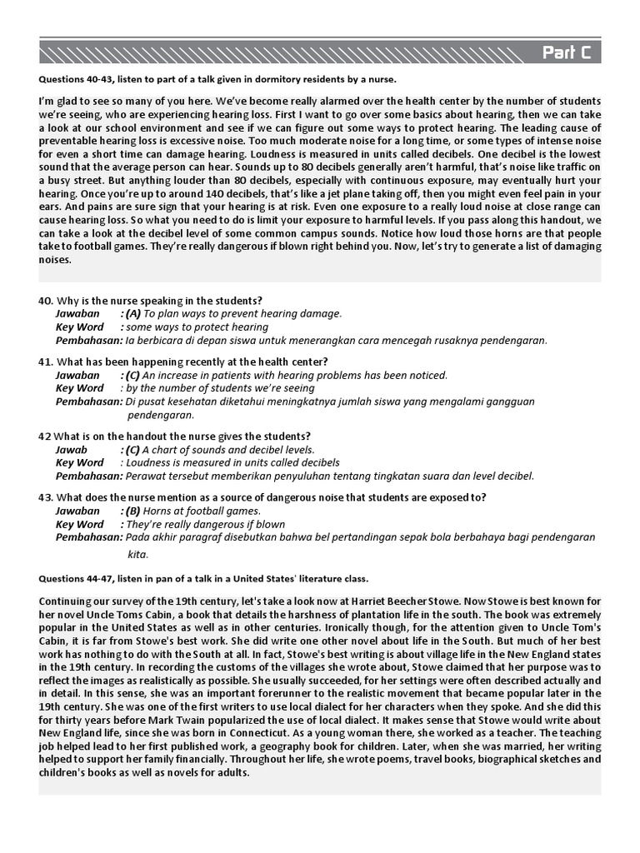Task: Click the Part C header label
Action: [x=567, y=53]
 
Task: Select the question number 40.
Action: [x=45, y=300]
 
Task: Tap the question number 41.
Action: [x=45, y=362]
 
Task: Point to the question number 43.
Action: [x=45, y=497]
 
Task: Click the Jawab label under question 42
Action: [x=72, y=449]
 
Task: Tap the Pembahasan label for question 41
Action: [x=88, y=402]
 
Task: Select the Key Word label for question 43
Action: [x=79, y=524]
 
